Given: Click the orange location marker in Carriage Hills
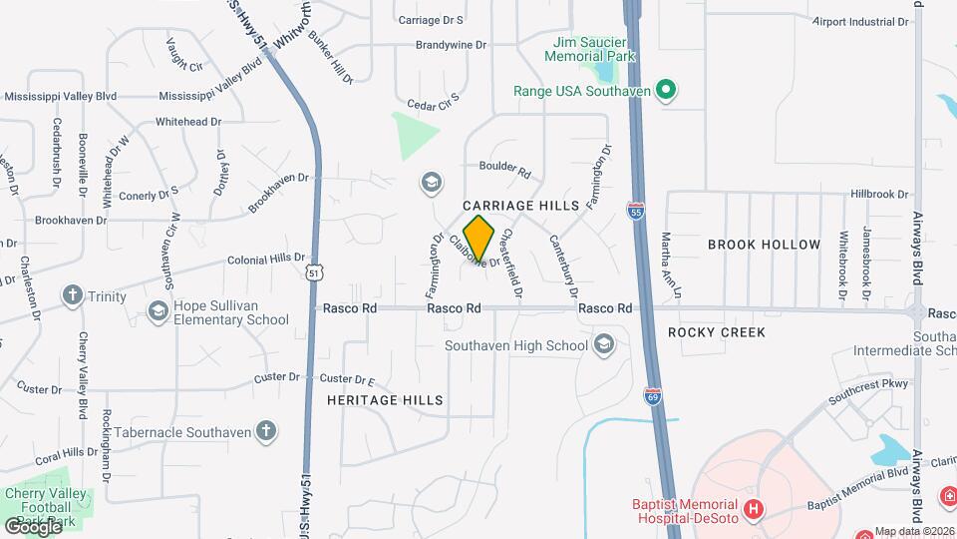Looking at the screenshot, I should (x=479, y=239).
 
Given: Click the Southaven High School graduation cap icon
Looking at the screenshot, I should (x=602, y=346).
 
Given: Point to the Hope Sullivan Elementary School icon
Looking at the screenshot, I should (x=158, y=312).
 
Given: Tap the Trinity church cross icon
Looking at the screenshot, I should (x=72, y=296).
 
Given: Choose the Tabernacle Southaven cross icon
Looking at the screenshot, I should (x=265, y=431).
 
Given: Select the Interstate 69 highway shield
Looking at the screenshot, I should (x=653, y=397).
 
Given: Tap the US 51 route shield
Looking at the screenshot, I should (x=314, y=271).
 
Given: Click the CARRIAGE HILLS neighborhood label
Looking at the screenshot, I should (x=521, y=205).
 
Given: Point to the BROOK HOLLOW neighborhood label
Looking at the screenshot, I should (x=764, y=245).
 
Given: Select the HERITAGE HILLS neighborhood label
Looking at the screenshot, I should (x=385, y=399).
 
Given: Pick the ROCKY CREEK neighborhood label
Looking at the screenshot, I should (x=716, y=332).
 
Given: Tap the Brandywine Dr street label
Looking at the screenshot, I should (x=451, y=45).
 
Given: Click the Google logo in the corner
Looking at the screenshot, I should (x=33, y=525).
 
